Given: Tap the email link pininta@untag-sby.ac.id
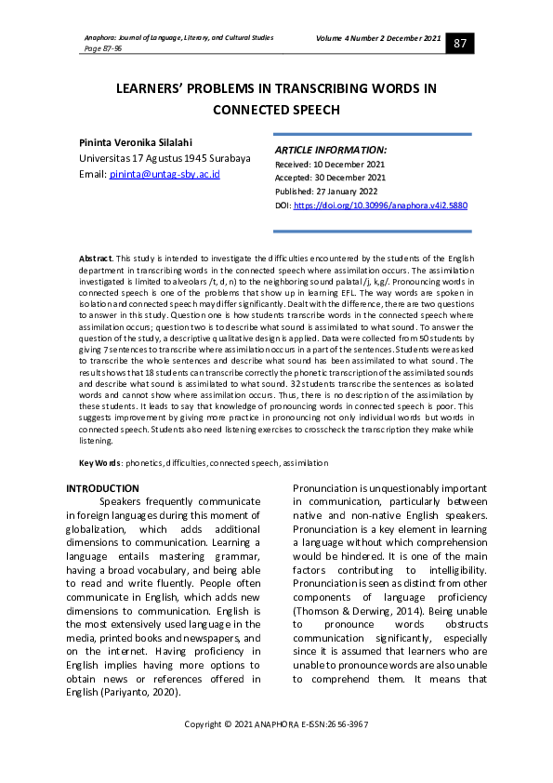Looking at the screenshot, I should tap(164, 174).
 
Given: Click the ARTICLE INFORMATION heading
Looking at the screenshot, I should tap(331, 150).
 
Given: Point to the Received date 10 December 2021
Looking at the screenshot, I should tap(330, 164).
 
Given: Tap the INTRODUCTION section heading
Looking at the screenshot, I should tap(102, 488).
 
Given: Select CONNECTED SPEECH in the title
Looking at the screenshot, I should tap(276, 109).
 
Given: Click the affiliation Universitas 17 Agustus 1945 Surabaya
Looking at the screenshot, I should tap(165, 158).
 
